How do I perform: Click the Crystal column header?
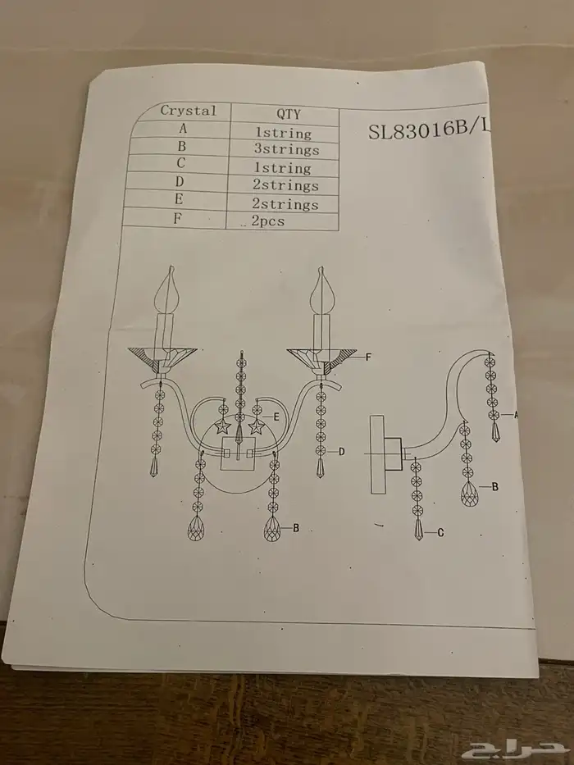pos(188,111)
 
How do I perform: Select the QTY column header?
pos(289,114)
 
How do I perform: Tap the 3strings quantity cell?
pos(286,149)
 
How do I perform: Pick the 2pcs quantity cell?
pos(268,221)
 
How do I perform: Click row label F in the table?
pos(177,218)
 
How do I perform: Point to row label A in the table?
pos(183,129)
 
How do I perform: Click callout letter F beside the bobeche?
pos(368,357)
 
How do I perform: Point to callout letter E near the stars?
pos(276,417)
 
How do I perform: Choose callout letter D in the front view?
pos(342,452)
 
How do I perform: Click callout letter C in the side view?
pos(441,533)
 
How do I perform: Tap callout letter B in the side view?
pos(495,486)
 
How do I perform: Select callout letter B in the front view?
pos(296,528)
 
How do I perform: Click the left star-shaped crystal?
pos(222,428)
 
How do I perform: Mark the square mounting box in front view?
pos(238,453)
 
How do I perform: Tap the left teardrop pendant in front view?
pos(196,528)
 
